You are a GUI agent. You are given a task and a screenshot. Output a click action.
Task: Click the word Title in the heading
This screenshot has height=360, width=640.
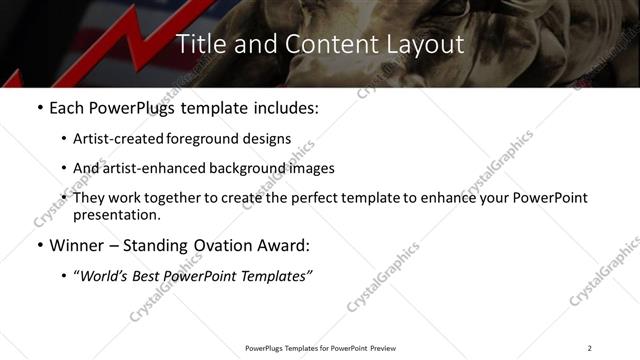200,45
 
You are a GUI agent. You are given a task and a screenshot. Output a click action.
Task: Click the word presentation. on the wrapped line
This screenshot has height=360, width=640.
117,214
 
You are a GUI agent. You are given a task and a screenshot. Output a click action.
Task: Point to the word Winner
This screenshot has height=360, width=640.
76,245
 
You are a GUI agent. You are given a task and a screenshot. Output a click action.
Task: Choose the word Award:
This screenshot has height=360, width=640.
283,245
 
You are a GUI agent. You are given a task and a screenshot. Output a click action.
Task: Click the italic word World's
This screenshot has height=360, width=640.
102,275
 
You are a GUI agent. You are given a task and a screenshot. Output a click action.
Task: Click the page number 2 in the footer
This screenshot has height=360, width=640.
589,348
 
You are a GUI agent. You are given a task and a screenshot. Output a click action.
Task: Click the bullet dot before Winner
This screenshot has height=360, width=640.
39,245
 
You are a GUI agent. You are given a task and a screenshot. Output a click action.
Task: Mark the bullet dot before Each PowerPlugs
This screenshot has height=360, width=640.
39,108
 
